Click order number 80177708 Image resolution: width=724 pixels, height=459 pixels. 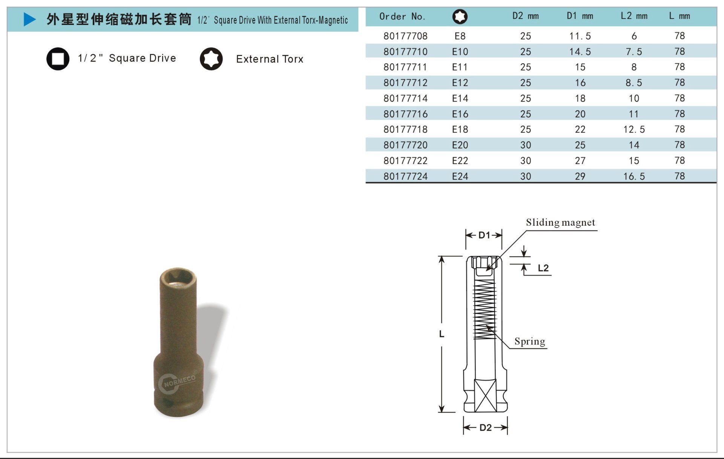(x=405, y=36)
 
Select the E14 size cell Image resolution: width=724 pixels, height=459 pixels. (x=460, y=98)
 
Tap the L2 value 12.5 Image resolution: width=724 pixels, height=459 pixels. (x=634, y=130)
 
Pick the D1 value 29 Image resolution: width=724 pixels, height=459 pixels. (x=580, y=176)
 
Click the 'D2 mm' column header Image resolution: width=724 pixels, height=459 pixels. (x=525, y=16)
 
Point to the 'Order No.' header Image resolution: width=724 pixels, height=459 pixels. (x=402, y=17)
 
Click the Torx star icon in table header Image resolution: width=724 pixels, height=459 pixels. (x=460, y=17)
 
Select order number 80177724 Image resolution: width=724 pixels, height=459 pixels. (x=405, y=176)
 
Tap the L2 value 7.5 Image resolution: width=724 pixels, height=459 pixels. (x=634, y=52)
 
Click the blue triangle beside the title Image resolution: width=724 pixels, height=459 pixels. (x=29, y=19)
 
